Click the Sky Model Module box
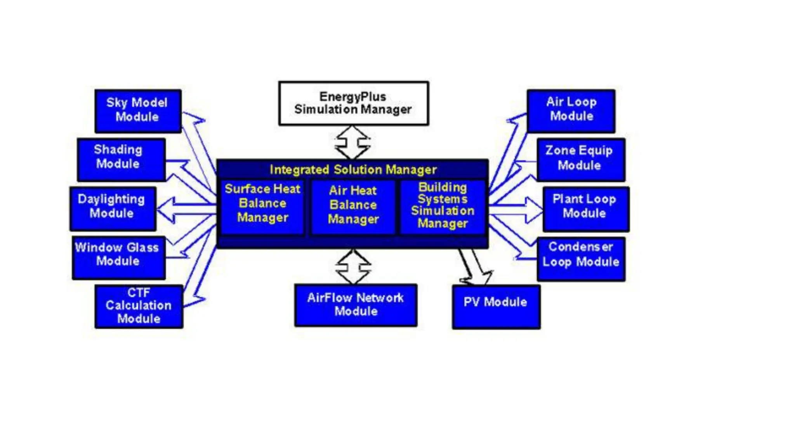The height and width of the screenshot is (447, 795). click(138, 111)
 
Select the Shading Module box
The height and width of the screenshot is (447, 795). click(122, 159)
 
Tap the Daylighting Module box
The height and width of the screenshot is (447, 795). click(113, 208)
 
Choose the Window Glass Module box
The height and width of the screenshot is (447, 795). click(119, 257)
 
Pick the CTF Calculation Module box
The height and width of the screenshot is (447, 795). click(139, 306)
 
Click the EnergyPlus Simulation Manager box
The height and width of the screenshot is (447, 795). click(353, 103)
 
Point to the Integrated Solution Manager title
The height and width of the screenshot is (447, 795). click(353, 170)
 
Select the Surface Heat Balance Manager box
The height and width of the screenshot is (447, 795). click(262, 206)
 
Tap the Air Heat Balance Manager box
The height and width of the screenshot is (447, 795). click(353, 206)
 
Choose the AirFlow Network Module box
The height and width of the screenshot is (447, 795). click(356, 305)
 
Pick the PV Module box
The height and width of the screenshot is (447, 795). click(496, 307)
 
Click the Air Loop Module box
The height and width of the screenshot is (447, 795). click(571, 111)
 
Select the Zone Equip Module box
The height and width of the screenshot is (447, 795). click(581, 159)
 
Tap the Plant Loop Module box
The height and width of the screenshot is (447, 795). click(586, 208)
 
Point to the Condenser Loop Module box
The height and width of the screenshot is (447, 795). click(581, 258)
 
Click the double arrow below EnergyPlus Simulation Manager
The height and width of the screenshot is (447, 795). click(352, 142)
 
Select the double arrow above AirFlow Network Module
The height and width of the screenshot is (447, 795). click(353, 267)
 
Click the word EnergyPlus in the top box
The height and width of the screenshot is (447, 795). click(352, 97)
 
